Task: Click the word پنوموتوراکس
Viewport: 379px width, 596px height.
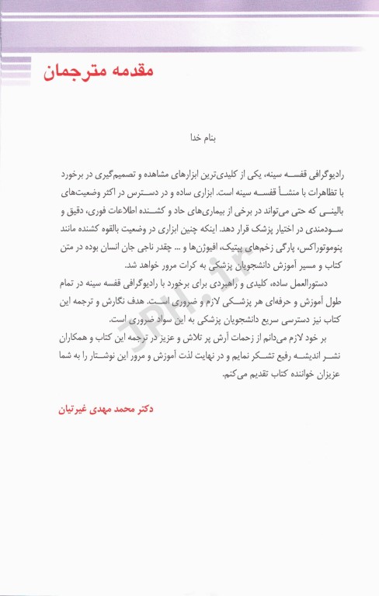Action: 288,248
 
